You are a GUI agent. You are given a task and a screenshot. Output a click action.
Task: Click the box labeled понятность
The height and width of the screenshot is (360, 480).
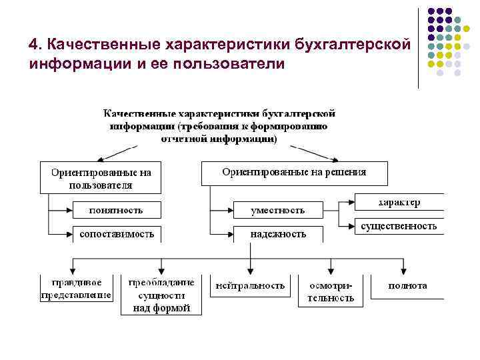click(117, 210)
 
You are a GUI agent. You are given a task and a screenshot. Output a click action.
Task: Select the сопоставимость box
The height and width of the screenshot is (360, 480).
click(117, 234)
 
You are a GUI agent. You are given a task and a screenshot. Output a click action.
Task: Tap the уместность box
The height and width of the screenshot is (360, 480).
click(277, 210)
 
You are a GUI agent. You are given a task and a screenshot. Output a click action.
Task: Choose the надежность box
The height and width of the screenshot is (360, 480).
click(277, 234)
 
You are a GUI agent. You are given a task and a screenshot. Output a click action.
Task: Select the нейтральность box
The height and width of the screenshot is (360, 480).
click(250, 285)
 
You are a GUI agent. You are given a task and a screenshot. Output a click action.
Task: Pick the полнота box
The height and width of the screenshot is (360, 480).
click(408, 285)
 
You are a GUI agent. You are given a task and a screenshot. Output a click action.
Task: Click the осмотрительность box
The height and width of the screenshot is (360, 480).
click(331, 291)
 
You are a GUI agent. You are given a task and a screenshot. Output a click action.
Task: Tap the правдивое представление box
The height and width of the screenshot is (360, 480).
click(76, 289)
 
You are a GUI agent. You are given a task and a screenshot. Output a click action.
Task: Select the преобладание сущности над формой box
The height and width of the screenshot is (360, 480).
click(160, 295)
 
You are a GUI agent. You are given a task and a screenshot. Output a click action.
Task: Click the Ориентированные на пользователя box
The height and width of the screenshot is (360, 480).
click(101, 177)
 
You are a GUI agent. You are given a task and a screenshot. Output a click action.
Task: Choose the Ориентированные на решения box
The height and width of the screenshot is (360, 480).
click(294, 173)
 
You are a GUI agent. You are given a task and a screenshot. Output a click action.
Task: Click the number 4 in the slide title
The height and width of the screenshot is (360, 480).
click(33, 44)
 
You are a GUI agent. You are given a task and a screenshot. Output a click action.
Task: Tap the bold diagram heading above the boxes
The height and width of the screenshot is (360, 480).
click(218, 125)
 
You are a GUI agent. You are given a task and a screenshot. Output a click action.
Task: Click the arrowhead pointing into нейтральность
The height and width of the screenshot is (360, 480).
click(250, 270)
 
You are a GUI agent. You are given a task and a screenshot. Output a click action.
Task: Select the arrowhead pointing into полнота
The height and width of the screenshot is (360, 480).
click(408, 270)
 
